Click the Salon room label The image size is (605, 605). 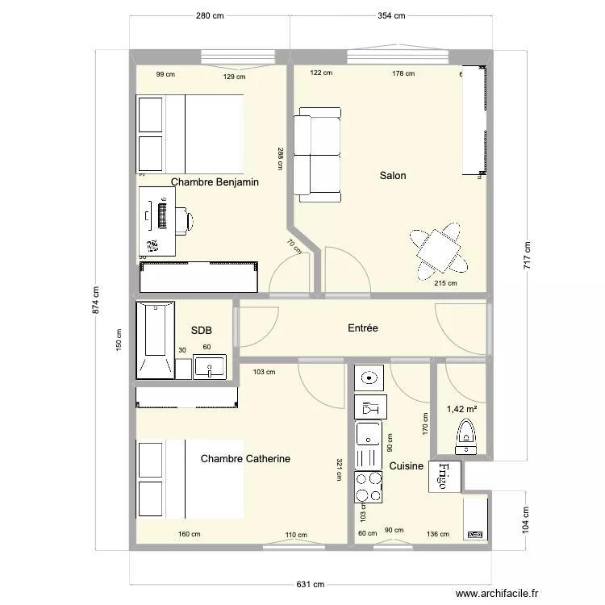point(394,176)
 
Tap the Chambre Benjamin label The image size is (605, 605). point(215,182)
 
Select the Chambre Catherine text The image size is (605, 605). point(245,458)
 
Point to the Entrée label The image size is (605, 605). point(363,328)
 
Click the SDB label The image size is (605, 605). point(201,330)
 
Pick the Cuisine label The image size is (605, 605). point(407,466)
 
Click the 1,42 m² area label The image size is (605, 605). point(461,409)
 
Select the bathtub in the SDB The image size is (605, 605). point(155,339)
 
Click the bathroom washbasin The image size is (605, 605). point(210,368)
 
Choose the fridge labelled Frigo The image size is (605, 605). point(445,475)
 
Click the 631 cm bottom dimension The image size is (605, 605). point(311,584)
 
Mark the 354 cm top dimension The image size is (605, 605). point(390,16)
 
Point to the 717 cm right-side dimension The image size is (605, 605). point(528,257)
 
